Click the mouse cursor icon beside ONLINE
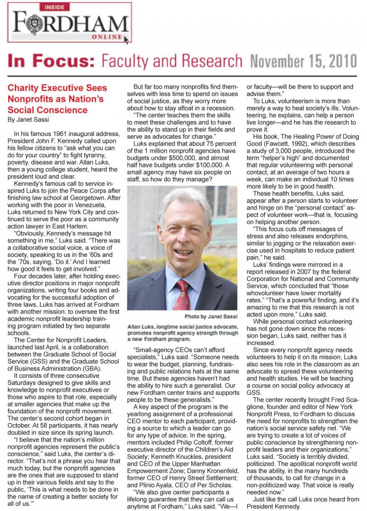127,40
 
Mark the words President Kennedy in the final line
275,506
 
